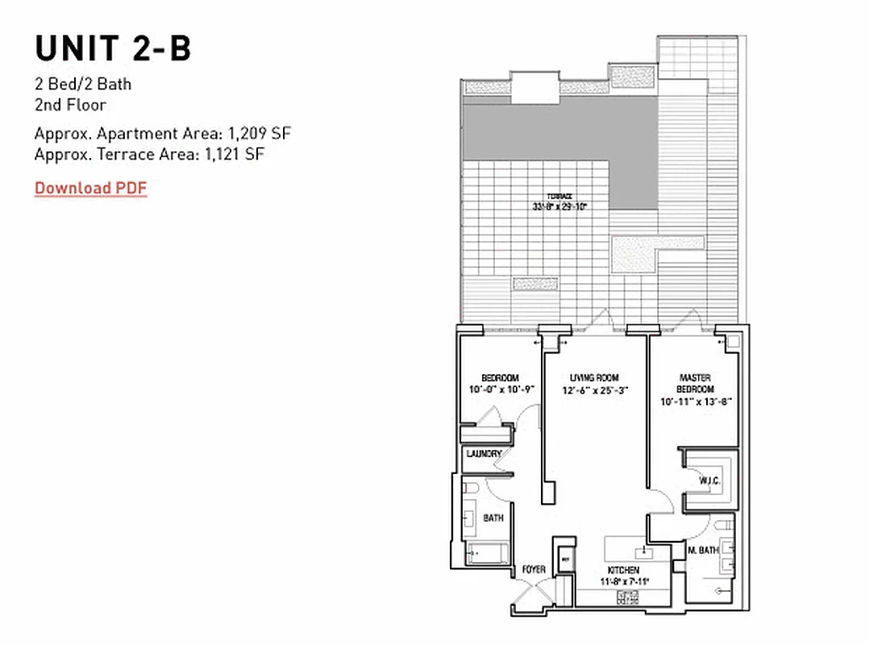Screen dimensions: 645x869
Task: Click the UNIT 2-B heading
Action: (113, 48)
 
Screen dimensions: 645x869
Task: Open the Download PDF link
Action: (90, 188)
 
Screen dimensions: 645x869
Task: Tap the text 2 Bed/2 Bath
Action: (83, 84)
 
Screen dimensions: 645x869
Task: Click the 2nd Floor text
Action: (70, 105)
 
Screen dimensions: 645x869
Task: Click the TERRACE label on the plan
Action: (559, 196)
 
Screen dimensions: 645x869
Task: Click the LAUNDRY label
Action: (484, 454)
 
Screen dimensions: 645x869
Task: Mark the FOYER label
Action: (534, 569)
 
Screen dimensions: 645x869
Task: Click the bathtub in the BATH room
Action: (487, 554)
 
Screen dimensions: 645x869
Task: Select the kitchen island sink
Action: (643, 552)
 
